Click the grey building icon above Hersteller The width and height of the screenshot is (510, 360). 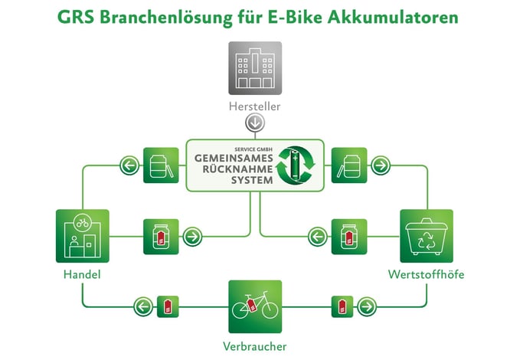[x=255, y=68]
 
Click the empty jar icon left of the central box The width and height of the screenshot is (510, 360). [x=162, y=165]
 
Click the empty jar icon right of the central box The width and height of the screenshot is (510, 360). [x=348, y=165]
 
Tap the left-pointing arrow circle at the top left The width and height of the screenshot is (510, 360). [x=128, y=165]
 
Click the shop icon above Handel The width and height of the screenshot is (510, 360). [x=82, y=236]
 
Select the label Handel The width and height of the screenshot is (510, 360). [x=82, y=273]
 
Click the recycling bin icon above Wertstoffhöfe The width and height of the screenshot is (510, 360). [x=427, y=236]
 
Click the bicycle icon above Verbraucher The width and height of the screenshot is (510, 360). [x=255, y=306]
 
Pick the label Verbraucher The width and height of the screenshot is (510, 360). [x=255, y=346]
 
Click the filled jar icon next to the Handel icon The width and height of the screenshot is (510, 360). [x=162, y=237]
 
